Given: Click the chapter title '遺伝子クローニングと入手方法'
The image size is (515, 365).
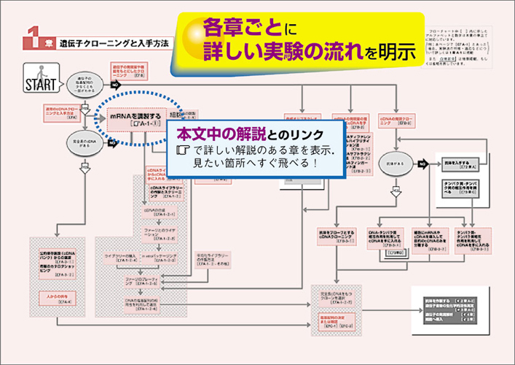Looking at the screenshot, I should pos(113,43).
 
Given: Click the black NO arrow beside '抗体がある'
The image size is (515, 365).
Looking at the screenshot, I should pos(422,164).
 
